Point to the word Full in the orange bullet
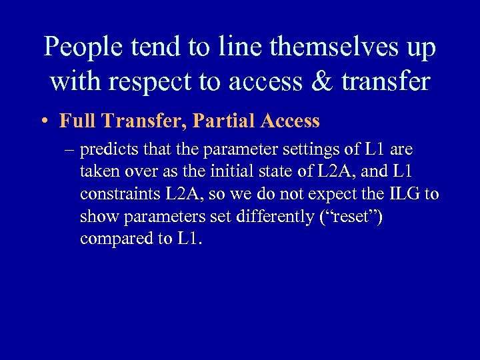click(x=75, y=121)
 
